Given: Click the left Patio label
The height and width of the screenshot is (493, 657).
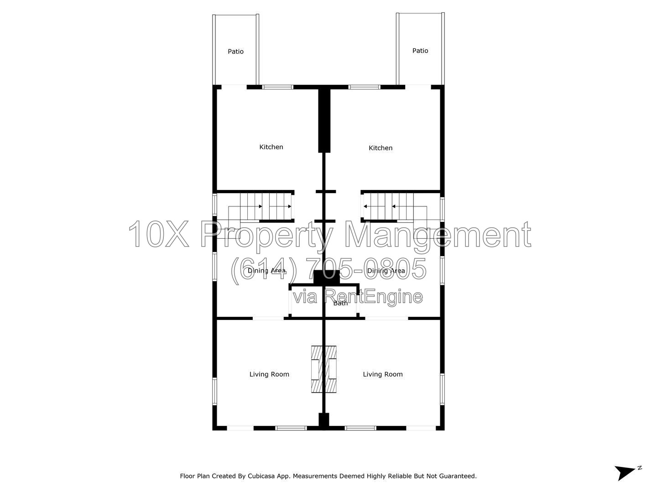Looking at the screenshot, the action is click(x=235, y=52).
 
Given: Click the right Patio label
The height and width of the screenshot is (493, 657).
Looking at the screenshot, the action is click(x=420, y=51).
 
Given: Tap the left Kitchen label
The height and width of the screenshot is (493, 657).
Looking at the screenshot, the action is click(x=271, y=147).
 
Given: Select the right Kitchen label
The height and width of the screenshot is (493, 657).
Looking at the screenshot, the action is click(x=381, y=148).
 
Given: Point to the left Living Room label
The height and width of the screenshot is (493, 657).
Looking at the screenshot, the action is click(x=269, y=374).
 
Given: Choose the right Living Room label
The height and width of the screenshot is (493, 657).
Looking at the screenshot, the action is click(x=382, y=374).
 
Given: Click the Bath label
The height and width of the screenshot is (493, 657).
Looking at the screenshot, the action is click(x=340, y=303).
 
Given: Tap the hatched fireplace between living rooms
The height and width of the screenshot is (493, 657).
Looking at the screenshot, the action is click(x=323, y=369).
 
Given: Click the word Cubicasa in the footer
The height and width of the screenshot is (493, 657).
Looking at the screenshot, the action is click(x=261, y=476).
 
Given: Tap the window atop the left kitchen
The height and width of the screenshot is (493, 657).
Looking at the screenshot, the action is click(x=277, y=87).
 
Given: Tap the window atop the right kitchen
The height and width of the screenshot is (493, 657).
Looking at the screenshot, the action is click(x=364, y=87).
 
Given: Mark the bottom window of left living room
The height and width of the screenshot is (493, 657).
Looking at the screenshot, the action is click(x=291, y=428).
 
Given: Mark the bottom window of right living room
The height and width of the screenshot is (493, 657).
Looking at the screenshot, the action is click(x=360, y=428).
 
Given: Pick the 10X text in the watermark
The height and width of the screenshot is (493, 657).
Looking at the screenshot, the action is click(x=159, y=234).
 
